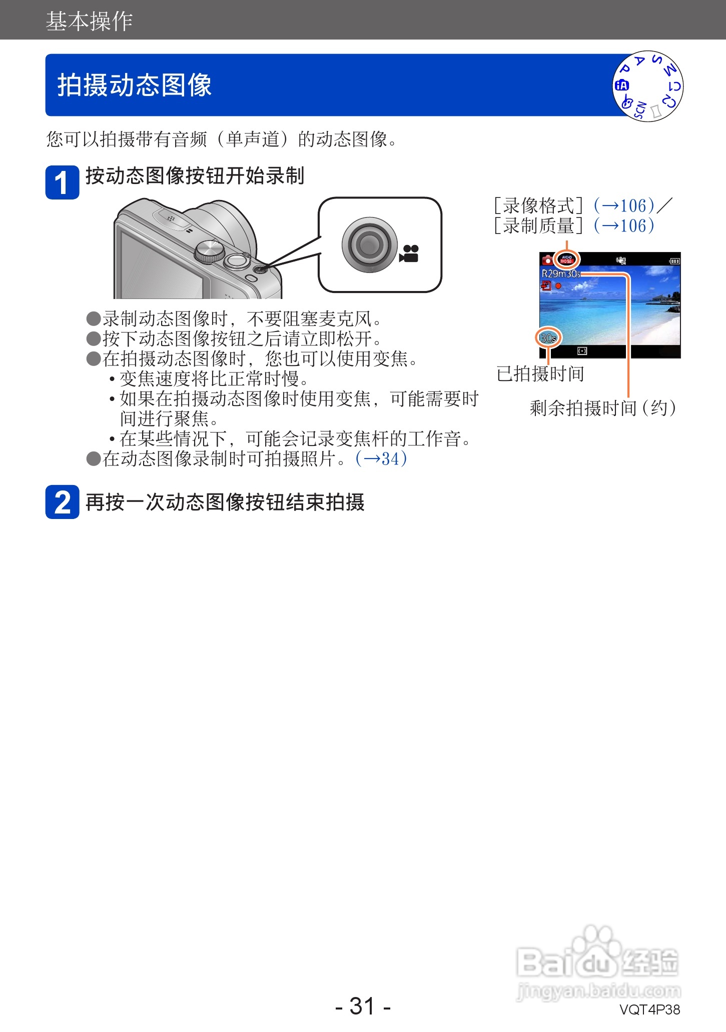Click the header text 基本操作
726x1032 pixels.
click(89, 21)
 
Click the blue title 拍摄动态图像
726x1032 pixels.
click(134, 84)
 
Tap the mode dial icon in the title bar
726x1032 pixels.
click(647, 86)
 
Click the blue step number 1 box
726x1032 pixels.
click(62, 182)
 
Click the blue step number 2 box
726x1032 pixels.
click(62, 501)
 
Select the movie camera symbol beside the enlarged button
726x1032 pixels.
click(409, 254)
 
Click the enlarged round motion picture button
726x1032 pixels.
click(369, 244)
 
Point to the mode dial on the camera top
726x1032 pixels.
click(210, 250)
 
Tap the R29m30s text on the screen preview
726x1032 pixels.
click(560, 273)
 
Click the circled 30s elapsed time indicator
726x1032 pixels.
click(548, 338)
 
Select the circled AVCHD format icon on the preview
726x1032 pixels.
click(566, 259)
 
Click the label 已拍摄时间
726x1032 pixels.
click(540, 373)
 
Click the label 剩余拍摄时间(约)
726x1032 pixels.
click(603, 408)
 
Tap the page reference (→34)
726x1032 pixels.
click(381, 458)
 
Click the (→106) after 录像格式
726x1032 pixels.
click(624, 205)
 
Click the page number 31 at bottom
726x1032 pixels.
click(362, 1005)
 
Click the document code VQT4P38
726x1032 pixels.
click(649, 1009)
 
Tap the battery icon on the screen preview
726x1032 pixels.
click(674, 260)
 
